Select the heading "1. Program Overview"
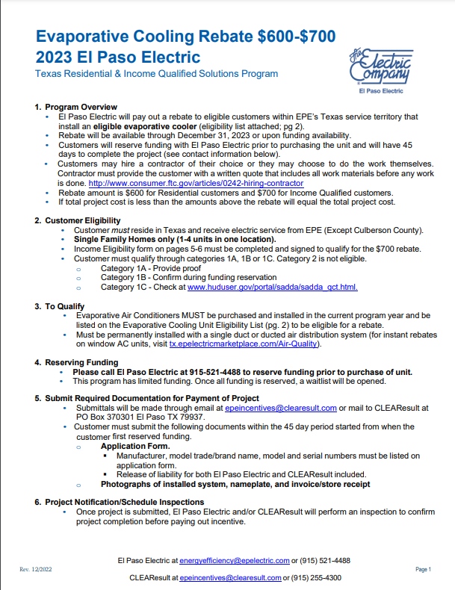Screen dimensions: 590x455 [76, 108]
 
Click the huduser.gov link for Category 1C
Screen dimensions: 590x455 [272, 287]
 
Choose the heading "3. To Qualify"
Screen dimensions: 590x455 [60, 306]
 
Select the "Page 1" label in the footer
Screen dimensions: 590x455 [423, 569]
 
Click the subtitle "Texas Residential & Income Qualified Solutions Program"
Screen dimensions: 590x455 [157, 74]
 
